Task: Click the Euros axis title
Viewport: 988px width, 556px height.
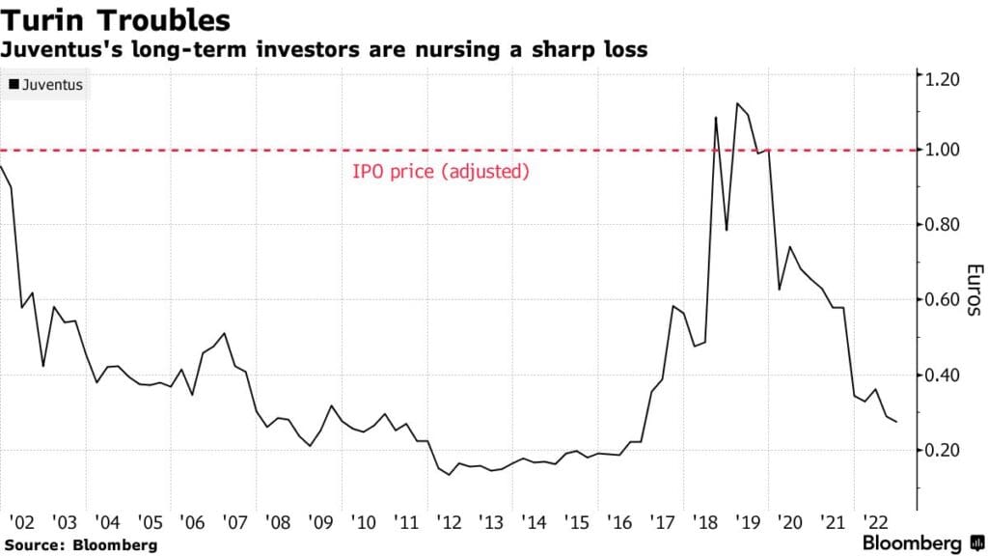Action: (974, 290)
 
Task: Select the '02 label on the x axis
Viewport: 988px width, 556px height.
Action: (19, 522)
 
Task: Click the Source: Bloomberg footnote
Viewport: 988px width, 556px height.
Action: (79, 545)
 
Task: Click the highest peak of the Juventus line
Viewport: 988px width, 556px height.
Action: (737, 103)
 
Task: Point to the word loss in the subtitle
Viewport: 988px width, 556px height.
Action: (625, 48)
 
